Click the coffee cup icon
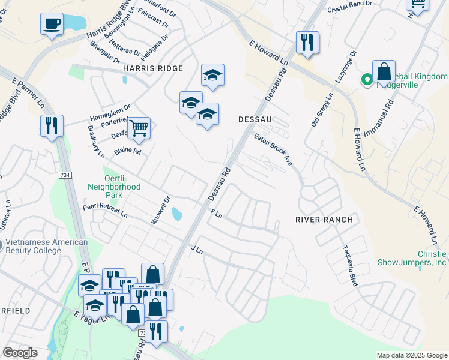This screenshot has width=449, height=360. pos(52,24)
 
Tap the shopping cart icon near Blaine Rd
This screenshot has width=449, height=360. pos(139,128)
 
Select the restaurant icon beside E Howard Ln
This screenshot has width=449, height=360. pos(307,42)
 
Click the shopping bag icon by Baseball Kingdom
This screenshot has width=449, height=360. pos(384,71)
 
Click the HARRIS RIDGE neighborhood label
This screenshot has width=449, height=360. pos(153,69)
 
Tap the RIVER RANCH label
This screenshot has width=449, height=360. pos(324,220)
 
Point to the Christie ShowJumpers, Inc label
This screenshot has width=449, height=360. pos(412,258)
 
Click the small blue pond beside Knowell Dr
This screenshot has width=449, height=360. pos(177,214)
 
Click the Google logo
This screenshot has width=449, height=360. pos(20,353)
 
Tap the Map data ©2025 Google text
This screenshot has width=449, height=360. pos(411,355)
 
